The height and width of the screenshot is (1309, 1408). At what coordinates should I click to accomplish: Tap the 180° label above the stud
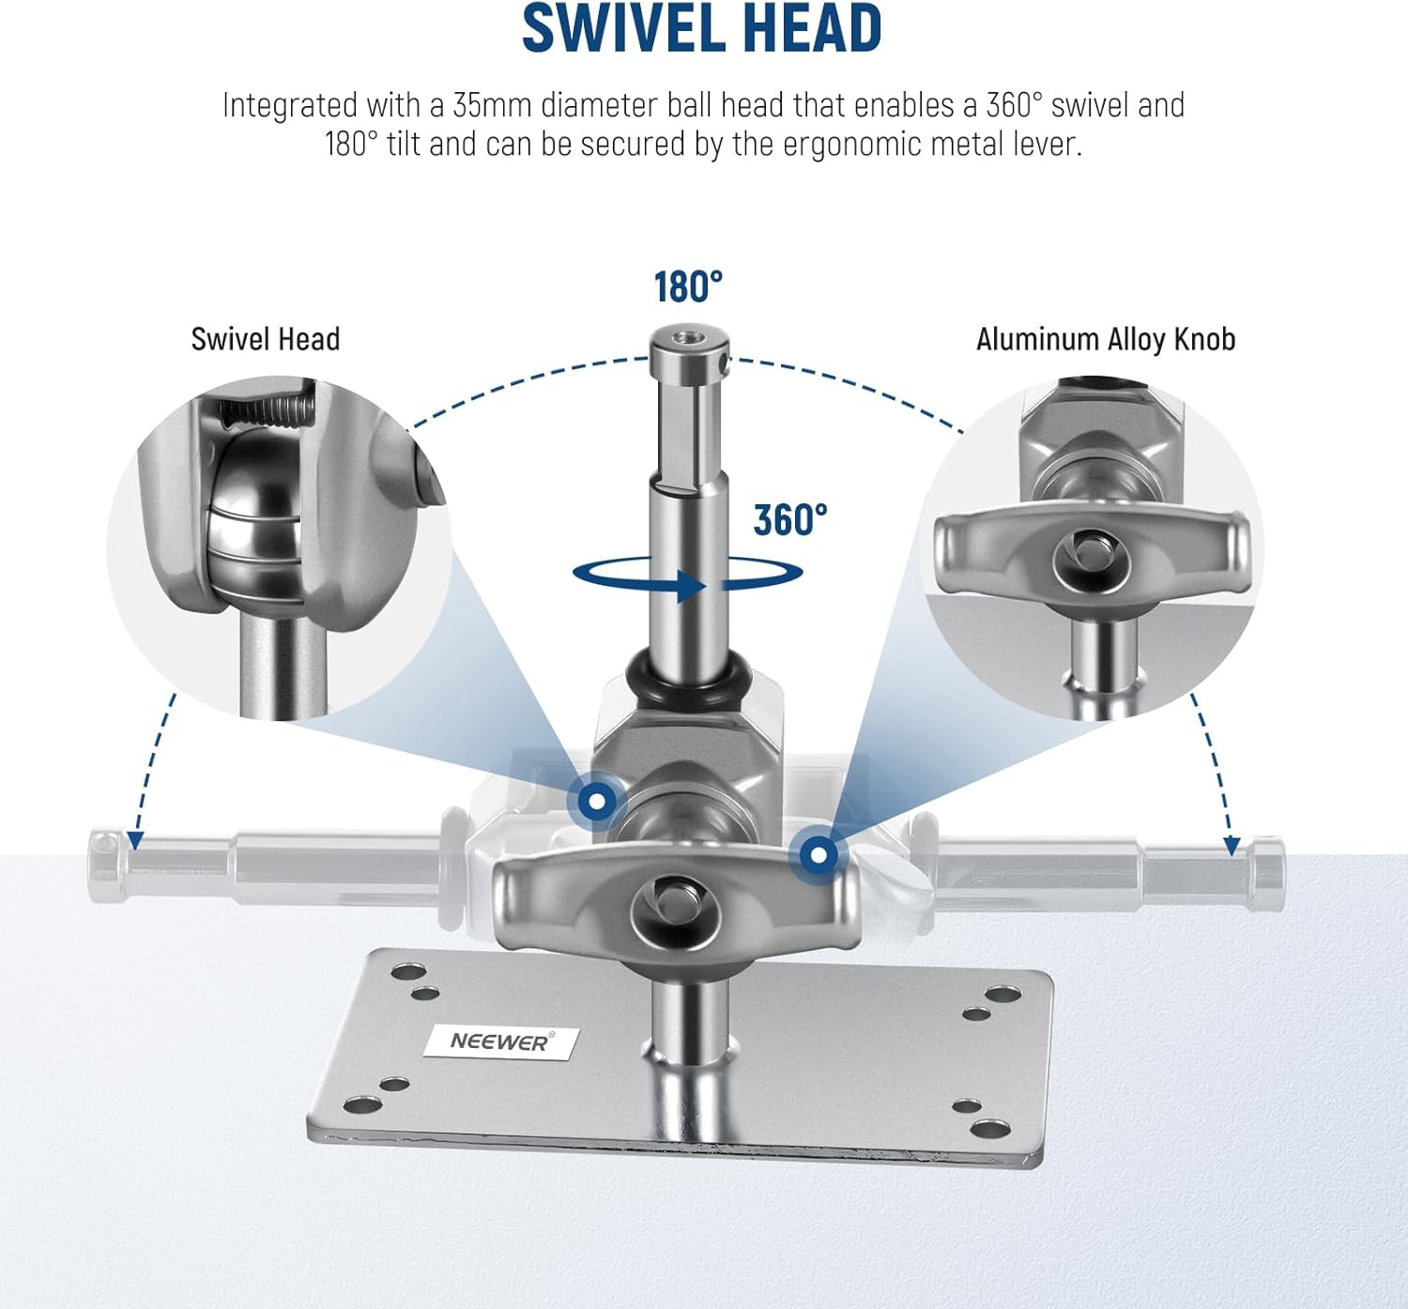(x=688, y=287)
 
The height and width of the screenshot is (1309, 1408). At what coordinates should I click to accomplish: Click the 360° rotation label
(x=790, y=519)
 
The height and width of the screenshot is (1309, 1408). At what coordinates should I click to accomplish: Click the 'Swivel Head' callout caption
(x=266, y=340)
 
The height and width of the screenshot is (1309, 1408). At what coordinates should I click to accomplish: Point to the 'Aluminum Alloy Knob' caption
(x=1105, y=340)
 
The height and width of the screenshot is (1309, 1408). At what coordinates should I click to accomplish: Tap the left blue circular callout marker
(x=596, y=802)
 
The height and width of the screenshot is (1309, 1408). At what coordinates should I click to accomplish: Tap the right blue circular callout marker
(x=819, y=855)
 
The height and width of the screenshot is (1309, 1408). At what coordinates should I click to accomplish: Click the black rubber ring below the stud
(x=688, y=678)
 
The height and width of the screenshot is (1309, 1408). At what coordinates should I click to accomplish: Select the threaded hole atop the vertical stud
(x=688, y=334)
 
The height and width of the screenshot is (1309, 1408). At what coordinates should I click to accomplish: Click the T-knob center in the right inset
(x=1092, y=554)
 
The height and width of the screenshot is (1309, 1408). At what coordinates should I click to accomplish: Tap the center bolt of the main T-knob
(x=675, y=907)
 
